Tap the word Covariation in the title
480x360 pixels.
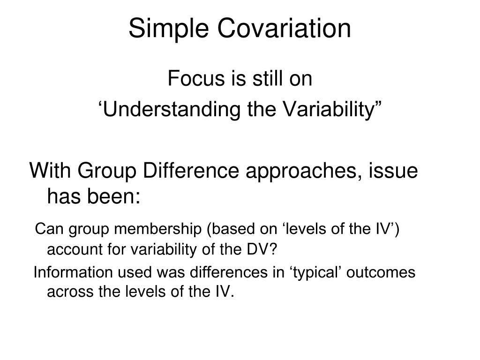[284, 28]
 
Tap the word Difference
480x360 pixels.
[191, 170]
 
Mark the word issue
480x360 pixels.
[393, 170]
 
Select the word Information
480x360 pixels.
[73, 272]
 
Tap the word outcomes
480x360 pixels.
[381, 272]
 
